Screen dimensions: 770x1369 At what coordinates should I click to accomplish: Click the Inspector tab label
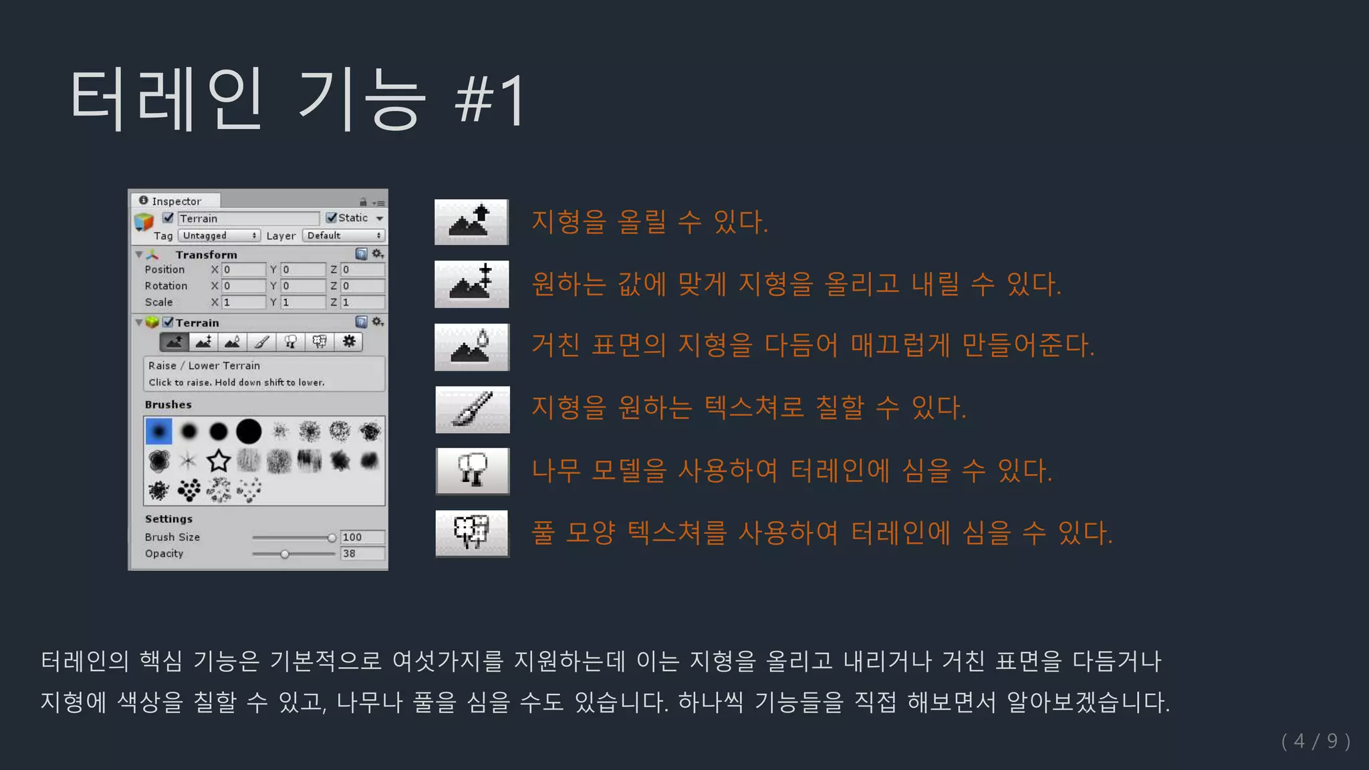pyautogui.click(x=175, y=201)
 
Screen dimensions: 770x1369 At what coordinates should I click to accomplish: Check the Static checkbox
pyautogui.click(x=332, y=218)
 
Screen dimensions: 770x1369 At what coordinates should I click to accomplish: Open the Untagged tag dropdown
pyautogui.click(x=219, y=235)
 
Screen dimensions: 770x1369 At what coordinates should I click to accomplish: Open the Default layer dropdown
pyautogui.click(x=343, y=235)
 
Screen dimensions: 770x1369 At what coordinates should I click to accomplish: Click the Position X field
pyautogui.click(x=243, y=269)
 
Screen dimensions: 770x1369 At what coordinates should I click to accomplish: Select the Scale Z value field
pyautogui.click(x=362, y=302)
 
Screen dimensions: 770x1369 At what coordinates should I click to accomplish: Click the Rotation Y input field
pyautogui.click(x=303, y=285)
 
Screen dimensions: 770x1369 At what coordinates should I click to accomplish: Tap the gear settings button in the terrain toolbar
pyautogui.click(x=349, y=342)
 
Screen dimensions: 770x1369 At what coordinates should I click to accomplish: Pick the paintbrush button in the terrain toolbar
pyautogui.click(x=261, y=342)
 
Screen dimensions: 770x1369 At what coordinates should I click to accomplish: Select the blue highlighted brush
pyautogui.click(x=158, y=431)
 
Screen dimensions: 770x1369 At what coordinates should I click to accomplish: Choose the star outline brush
pyautogui.click(x=219, y=461)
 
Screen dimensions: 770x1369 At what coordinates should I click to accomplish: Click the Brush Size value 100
pyautogui.click(x=362, y=537)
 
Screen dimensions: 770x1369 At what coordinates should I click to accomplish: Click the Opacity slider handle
pyautogui.click(x=285, y=554)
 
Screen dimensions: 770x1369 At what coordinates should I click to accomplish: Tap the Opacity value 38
pyautogui.click(x=362, y=553)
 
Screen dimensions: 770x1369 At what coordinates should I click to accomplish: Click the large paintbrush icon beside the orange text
pyautogui.click(x=472, y=409)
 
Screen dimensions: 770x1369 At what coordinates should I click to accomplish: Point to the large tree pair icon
pyautogui.click(x=472, y=471)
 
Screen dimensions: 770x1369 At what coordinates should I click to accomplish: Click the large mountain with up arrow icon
pyautogui.click(x=471, y=222)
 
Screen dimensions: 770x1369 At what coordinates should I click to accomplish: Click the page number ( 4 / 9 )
pyautogui.click(x=1316, y=741)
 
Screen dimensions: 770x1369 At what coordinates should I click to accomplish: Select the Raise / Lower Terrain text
pyautogui.click(x=204, y=366)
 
